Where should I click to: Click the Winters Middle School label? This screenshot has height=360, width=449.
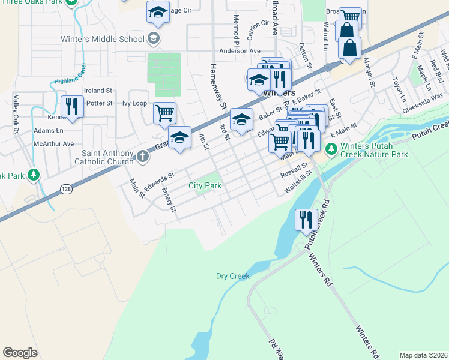click(x=103, y=39)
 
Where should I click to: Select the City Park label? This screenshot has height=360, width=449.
click(x=205, y=186)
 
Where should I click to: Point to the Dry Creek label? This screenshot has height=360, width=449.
click(x=232, y=277)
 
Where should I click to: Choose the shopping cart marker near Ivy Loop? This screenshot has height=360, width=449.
click(x=164, y=113)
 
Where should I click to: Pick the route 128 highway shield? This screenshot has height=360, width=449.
click(x=66, y=189)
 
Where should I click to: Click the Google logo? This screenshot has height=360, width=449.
click(x=20, y=353)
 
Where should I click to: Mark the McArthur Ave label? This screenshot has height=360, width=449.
click(x=54, y=144)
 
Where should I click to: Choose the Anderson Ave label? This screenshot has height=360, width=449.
click(x=240, y=52)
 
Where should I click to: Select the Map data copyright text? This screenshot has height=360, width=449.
click(x=423, y=355)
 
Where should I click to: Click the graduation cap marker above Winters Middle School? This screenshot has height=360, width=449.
click(x=158, y=12)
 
